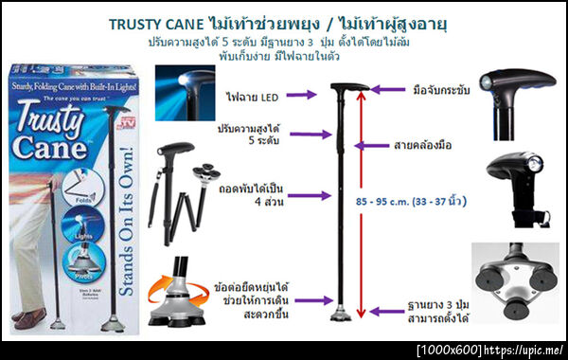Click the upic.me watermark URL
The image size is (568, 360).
(x=524, y=350)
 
